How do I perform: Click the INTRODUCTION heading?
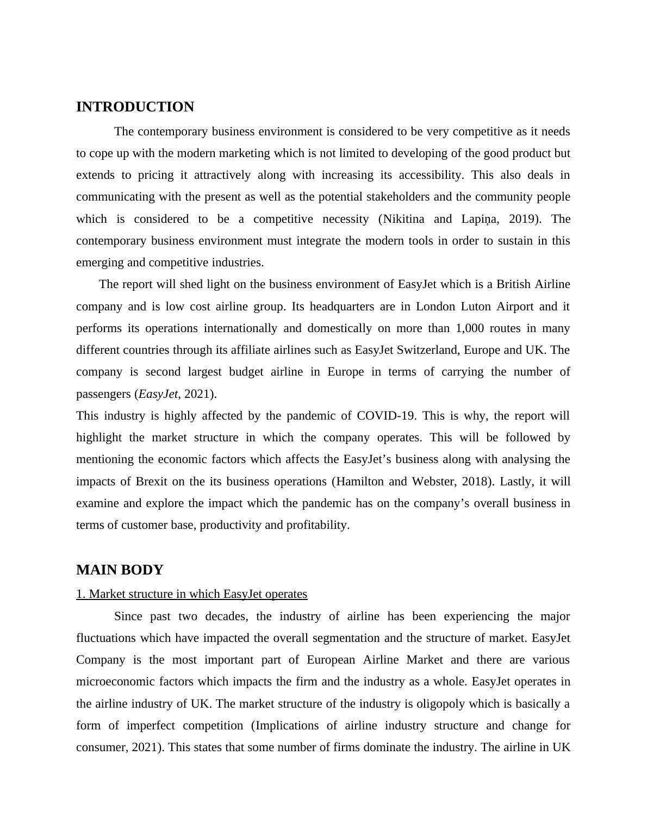pyautogui.click(x=135, y=107)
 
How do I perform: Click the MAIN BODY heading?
pyautogui.click(x=120, y=570)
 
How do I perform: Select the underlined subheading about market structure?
pyautogui.click(x=191, y=594)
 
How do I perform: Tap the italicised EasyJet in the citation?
pyautogui.click(x=158, y=394)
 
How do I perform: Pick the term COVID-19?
pyautogui.click(x=386, y=416)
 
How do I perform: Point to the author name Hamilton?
pyautogui.click(x=359, y=482)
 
